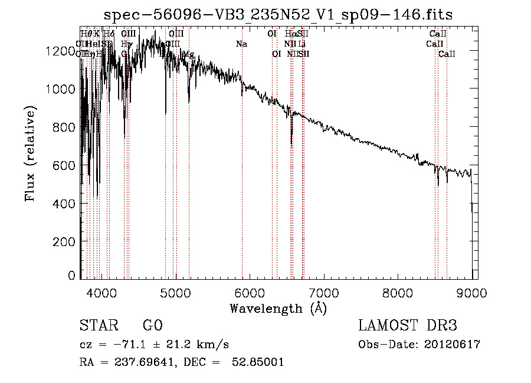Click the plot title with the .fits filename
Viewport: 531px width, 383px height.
(278, 15)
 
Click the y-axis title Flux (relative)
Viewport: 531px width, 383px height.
(30, 153)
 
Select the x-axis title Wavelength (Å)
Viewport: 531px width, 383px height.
(278, 308)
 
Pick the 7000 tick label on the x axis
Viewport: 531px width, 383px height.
(324, 291)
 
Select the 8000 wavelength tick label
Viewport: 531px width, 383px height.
(398, 291)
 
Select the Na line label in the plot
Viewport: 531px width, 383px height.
(241, 44)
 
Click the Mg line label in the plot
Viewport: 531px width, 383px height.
(188, 54)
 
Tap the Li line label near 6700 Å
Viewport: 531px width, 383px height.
(301, 44)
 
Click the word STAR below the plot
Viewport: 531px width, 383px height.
(98, 326)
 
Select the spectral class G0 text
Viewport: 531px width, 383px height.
(152, 326)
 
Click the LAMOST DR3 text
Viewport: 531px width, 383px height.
(407, 326)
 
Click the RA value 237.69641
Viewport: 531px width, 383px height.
(145, 362)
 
